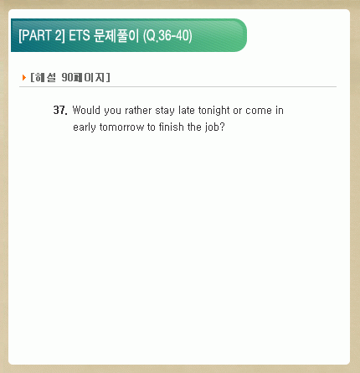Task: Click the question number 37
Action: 60,110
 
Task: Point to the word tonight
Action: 214,111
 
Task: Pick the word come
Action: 259,111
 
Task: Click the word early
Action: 85,127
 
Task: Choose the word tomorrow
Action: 122,127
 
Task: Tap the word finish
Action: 172,127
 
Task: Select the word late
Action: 187,110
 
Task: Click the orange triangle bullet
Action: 24,77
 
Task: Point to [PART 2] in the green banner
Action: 42,36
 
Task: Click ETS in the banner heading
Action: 80,36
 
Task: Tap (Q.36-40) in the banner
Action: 167,36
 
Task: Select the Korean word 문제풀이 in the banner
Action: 116,36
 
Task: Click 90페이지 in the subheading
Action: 83,77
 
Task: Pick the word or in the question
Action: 238,111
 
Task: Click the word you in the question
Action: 113,111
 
